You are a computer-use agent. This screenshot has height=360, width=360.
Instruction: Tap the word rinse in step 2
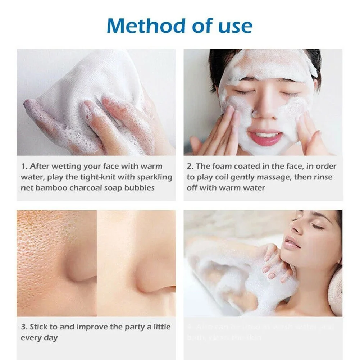[323, 177]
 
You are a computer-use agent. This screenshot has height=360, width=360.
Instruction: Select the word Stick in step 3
[38, 327]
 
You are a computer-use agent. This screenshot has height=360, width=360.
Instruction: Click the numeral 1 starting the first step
[24, 166]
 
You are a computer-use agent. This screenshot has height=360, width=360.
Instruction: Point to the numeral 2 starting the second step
[190, 166]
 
